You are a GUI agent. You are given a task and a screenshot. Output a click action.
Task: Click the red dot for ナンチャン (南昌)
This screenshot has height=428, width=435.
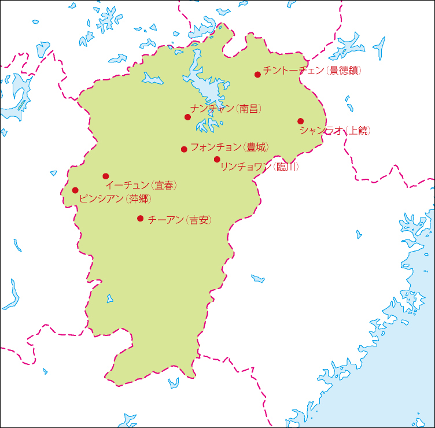(x=187, y=117)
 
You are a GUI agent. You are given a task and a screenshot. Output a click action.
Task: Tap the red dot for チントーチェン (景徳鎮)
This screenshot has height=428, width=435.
(x=257, y=74)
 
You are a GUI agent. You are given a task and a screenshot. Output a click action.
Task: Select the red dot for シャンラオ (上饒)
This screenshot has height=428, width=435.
(x=300, y=121)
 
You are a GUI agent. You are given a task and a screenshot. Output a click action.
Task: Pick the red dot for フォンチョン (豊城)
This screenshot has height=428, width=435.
(x=184, y=149)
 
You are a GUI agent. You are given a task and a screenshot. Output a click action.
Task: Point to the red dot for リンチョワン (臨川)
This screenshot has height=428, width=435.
(x=217, y=159)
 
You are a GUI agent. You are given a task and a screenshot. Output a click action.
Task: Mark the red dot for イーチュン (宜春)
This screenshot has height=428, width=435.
(x=105, y=176)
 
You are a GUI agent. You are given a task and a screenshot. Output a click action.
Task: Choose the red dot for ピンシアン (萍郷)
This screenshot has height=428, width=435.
(x=75, y=190)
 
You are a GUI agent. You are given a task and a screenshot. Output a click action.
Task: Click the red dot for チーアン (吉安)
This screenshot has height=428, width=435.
(x=140, y=218)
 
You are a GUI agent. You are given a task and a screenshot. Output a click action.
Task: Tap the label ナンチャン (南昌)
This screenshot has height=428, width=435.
(x=226, y=108)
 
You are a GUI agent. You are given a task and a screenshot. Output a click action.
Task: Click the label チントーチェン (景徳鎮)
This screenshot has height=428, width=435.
(x=312, y=71)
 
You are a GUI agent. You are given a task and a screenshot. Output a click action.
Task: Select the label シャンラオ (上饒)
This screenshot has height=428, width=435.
(x=335, y=131)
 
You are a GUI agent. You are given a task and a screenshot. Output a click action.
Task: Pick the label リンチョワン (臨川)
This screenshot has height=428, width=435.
(x=260, y=167)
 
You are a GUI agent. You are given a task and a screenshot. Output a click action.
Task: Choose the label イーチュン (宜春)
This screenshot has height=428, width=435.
(x=141, y=186)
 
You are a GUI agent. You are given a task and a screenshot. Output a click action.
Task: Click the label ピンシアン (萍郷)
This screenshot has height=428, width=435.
(x=115, y=199)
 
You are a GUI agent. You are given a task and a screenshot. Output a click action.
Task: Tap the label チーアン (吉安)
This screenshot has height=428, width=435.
(x=179, y=220)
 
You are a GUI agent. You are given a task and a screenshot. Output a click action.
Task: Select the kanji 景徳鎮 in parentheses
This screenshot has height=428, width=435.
(x=344, y=71)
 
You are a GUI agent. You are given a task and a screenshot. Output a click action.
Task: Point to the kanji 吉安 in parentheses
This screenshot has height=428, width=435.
(x=198, y=220)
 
